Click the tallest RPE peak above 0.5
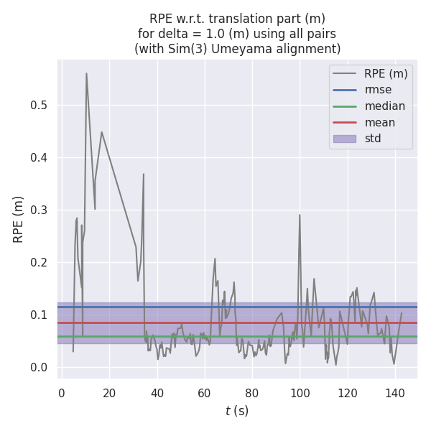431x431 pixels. (x=86, y=73)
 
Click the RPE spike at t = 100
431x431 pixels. (x=300, y=215)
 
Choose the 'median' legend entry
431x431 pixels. (x=384, y=106)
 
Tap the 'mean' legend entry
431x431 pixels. (x=379, y=122)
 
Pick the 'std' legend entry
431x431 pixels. (x=373, y=139)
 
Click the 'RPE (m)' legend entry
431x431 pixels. (x=386, y=73)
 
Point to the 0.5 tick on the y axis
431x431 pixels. (x=39, y=106)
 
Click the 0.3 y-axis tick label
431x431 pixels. (x=39, y=210)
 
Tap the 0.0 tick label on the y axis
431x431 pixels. (x=39, y=368)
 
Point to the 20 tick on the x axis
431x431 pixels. (x=109, y=393)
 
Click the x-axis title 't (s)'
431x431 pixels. (x=237, y=411)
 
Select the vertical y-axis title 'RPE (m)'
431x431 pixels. (x=19, y=218)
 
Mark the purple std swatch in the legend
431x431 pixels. (x=344, y=139)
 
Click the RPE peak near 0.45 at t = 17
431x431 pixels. (x=101, y=131)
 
